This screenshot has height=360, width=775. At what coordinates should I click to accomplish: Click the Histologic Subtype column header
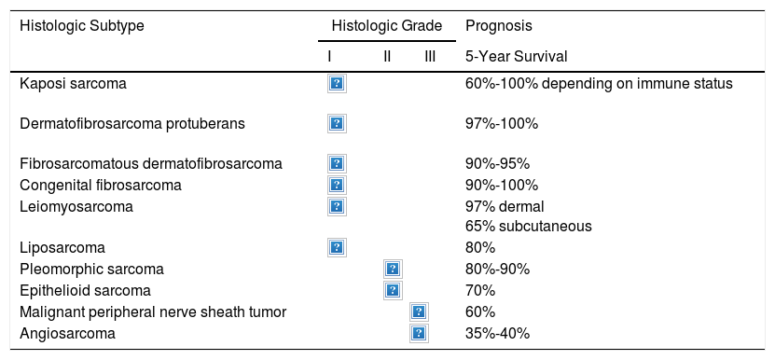pyautogui.click(x=82, y=26)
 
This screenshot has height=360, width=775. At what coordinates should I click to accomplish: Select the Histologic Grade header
pyautogui.click(x=387, y=26)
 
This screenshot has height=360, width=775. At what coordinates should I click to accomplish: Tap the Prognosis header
pyautogui.click(x=499, y=26)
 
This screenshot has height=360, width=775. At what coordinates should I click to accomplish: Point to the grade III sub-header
pyautogui.click(x=430, y=56)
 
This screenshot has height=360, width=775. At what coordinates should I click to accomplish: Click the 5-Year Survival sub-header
pyautogui.click(x=517, y=56)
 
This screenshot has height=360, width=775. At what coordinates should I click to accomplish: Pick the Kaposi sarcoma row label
pyautogui.click(x=73, y=84)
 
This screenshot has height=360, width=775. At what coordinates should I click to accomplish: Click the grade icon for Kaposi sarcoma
pyautogui.click(x=337, y=84)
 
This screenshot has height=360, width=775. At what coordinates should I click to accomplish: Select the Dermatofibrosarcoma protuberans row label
pyautogui.click(x=132, y=123)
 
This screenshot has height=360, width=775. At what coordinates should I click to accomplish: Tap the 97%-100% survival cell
pyautogui.click(x=502, y=123)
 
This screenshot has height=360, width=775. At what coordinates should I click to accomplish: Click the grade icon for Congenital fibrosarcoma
pyautogui.click(x=337, y=185)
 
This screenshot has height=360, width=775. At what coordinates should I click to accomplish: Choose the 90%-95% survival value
pyautogui.click(x=498, y=163)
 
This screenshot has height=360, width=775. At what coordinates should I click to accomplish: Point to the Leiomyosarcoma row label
pyautogui.click(x=76, y=206)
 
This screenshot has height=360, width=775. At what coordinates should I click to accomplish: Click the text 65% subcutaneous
pyautogui.click(x=529, y=226)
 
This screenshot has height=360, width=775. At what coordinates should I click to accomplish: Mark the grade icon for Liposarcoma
pyautogui.click(x=337, y=247)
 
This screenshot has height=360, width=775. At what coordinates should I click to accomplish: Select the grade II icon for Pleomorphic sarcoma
pyautogui.click(x=393, y=269)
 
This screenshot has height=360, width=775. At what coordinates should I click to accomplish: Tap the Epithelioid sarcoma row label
pyautogui.click(x=85, y=290)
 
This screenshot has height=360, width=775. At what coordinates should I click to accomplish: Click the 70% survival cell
pyautogui.click(x=480, y=290)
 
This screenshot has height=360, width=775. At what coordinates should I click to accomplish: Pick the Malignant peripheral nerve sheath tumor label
pyautogui.click(x=153, y=312)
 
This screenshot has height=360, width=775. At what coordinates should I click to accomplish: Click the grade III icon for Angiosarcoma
pyautogui.click(x=419, y=333)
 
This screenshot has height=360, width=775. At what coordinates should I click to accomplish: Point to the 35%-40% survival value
pyautogui.click(x=498, y=333)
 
